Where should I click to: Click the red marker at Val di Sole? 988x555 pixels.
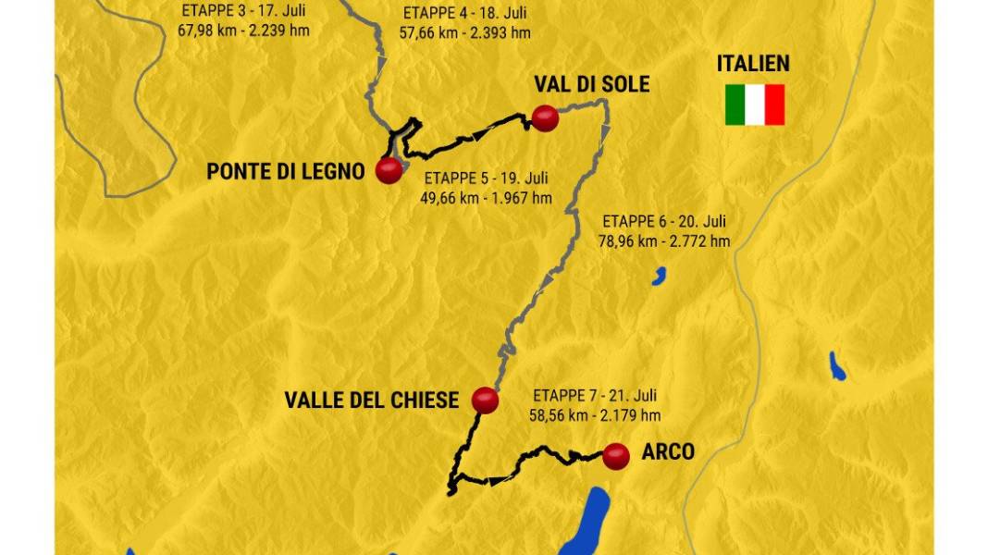pyautogui.click(x=545, y=118)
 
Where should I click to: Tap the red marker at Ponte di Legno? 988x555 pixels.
pyautogui.click(x=389, y=170)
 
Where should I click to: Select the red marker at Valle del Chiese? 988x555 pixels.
pyautogui.click(x=485, y=401)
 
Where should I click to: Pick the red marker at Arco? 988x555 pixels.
pyautogui.click(x=616, y=455)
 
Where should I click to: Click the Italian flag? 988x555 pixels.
pyautogui.click(x=755, y=105)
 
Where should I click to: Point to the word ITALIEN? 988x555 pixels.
pyautogui.click(x=753, y=64)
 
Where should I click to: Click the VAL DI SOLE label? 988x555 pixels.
pyautogui.click(x=591, y=84)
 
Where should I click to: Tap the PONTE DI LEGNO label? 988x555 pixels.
pyautogui.click(x=286, y=171)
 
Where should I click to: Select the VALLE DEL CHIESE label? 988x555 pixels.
pyautogui.click(x=371, y=401)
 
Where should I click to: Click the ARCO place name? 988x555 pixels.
pyautogui.click(x=667, y=452)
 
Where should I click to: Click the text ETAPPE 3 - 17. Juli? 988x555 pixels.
pyautogui.click(x=242, y=12)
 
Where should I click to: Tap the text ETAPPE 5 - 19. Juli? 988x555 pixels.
pyautogui.click(x=487, y=179)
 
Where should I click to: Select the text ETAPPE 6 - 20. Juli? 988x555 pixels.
pyautogui.click(x=664, y=222)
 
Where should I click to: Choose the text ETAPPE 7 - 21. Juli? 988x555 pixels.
pyautogui.click(x=594, y=395)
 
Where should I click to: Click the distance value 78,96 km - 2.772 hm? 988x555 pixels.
pyautogui.click(x=665, y=241)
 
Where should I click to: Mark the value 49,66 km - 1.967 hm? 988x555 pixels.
pyautogui.click(x=487, y=198)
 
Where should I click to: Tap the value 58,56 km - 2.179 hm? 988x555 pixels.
pyautogui.click(x=594, y=415)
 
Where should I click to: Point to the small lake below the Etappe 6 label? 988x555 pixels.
pyautogui.click(x=660, y=275)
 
